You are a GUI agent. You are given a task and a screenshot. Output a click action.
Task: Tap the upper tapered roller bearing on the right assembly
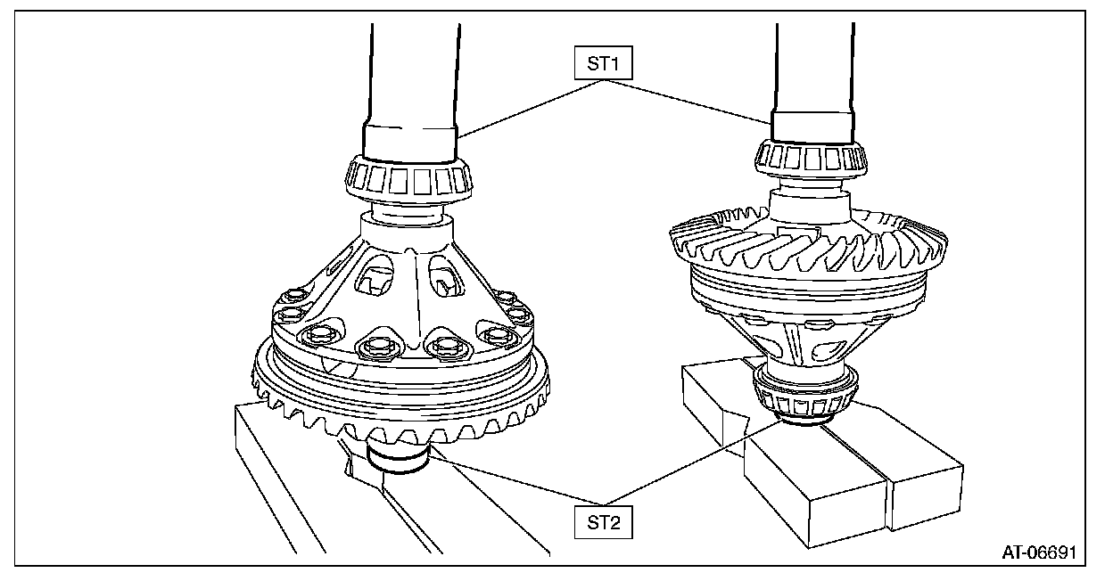[811, 160]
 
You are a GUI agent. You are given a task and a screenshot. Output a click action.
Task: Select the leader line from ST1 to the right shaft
[696, 100]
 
